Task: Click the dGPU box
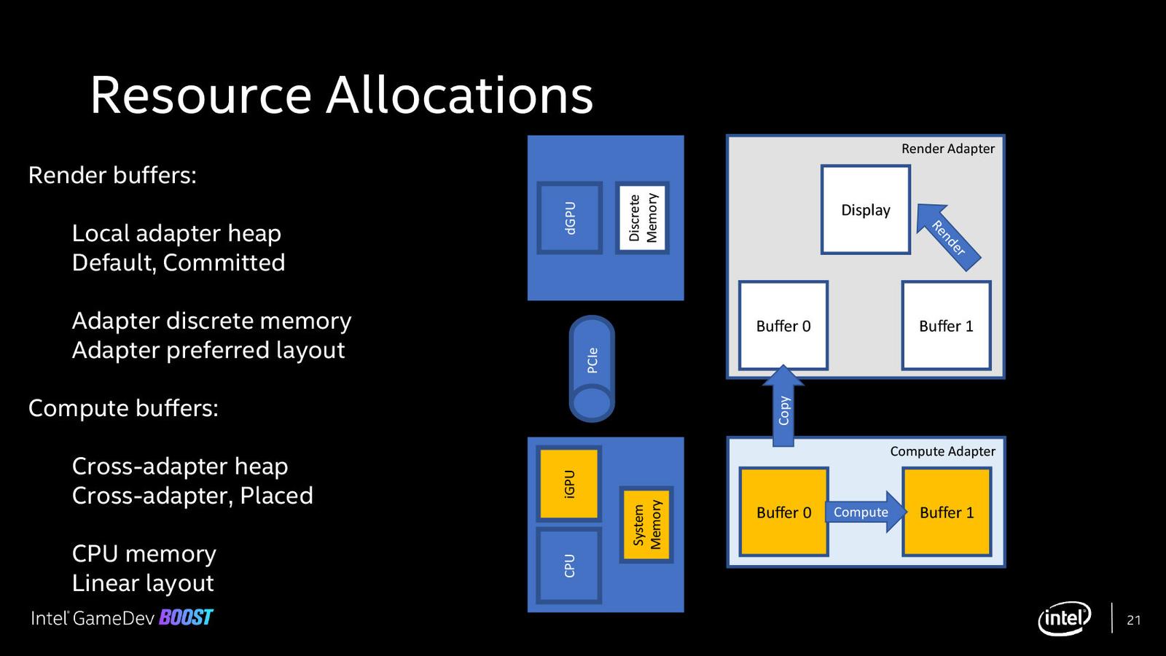pos(569,217)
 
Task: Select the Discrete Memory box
pos(642,217)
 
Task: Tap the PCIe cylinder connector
pos(592,368)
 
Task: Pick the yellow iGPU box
pos(569,483)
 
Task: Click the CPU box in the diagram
pos(569,565)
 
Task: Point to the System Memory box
pos(646,524)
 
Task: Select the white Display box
pos(866,210)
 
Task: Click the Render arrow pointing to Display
pos(948,237)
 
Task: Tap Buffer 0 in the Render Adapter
pos(783,326)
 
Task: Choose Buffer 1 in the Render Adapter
pos(946,326)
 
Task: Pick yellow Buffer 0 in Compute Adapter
pos(783,512)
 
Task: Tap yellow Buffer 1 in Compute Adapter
pos(947,512)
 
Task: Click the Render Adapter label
pos(947,149)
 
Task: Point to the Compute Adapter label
pos(942,451)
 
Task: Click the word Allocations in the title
pos(459,95)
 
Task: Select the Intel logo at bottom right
pos(1064,619)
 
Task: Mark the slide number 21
pos(1133,620)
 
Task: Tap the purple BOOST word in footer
pos(186,618)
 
